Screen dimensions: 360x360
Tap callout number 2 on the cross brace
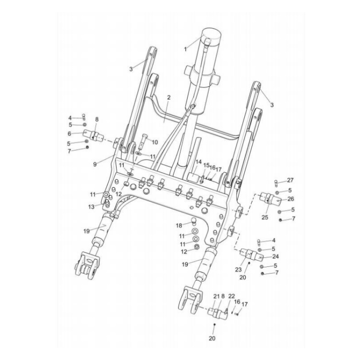click(168, 97)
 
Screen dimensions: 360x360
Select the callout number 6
click(69, 133)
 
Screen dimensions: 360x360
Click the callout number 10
click(155, 143)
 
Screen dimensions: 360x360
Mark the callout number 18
click(178, 225)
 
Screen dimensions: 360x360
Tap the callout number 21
click(216, 296)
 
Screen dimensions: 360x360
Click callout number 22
click(231, 296)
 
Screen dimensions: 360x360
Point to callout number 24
click(276, 256)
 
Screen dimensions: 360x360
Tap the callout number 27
click(290, 180)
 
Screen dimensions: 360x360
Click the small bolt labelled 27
click(276, 182)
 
